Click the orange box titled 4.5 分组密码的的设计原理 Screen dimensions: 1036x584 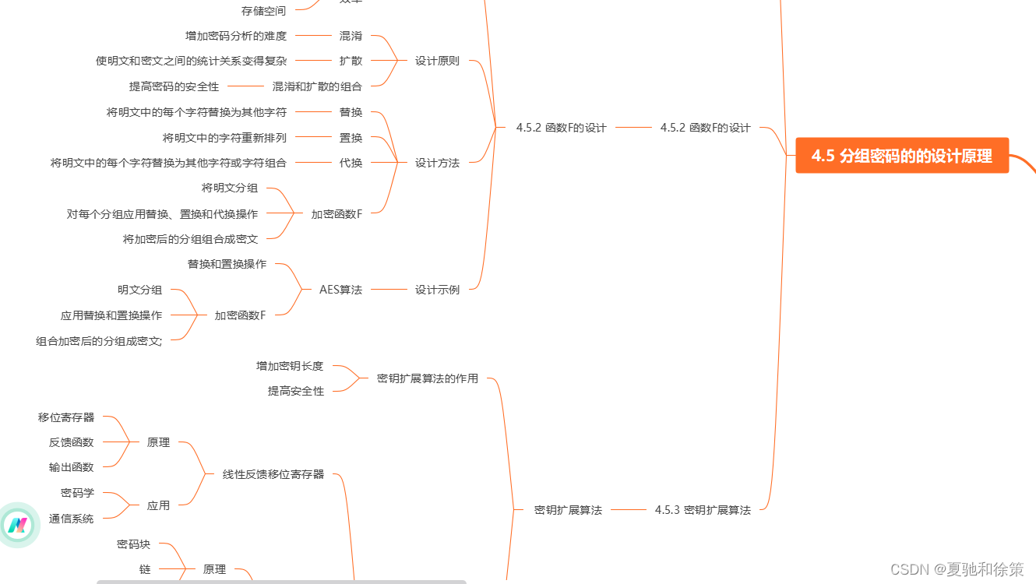pyautogui.click(x=901, y=156)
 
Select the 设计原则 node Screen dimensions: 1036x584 pyautogui.click(x=437, y=61)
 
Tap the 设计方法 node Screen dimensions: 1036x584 pyautogui.click(x=437, y=163)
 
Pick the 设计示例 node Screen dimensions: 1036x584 pyautogui.click(x=437, y=290)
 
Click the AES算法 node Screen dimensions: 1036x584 pyautogui.click(x=340, y=290)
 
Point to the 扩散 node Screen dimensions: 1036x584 pyautogui.click(x=351, y=61)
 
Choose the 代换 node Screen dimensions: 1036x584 pyautogui.click(x=351, y=163)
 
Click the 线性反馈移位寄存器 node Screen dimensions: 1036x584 pyautogui.click(x=273, y=474)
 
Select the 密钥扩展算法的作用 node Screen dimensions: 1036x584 pyautogui.click(x=427, y=378)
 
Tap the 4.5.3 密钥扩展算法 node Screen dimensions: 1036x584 pyautogui.click(x=703, y=510)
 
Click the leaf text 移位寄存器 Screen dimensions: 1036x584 pyautogui.click(x=66, y=417)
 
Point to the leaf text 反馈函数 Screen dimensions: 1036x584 pyautogui.click(x=71, y=442)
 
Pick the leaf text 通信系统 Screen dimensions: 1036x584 pyautogui.click(x=71, y=519)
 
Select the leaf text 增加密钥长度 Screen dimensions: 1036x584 pyautogui.click(x=290, y=366)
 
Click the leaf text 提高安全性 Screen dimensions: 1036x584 pyautogui.click(x=295, y=391)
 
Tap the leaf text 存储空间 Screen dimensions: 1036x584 pyautogui.click(x=263, y=11)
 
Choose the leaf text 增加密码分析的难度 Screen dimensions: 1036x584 pyautogui.click(x=236, y=36)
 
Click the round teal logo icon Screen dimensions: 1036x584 pyautogui.click(x=17, y=525)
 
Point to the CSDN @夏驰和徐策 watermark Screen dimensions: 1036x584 pyautogui.click(x=957, y=569)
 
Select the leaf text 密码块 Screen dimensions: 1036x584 pyautogui.click(x=133, y=544)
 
